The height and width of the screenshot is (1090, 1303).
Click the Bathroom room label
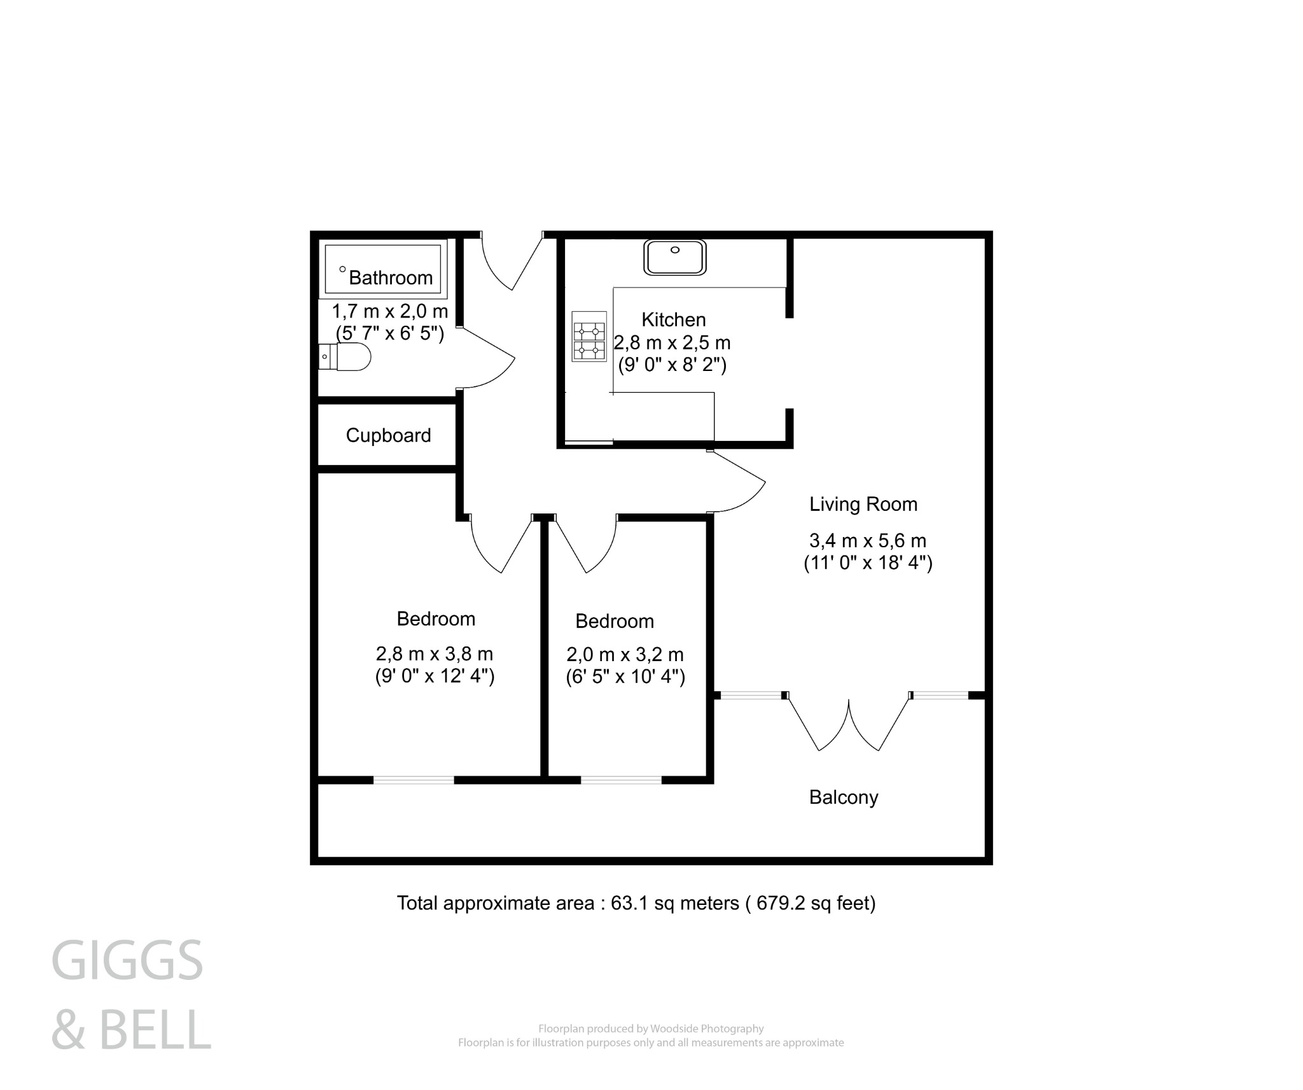pos(390,277)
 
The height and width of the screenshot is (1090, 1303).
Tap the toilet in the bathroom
pos(346,357)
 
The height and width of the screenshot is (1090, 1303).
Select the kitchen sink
pos(674,257)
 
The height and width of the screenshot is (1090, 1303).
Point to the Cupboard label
pos(388,435)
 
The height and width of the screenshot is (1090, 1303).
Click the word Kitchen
pos(673,319)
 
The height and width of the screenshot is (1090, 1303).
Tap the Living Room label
pos(863,505)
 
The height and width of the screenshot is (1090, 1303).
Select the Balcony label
pos(843,797)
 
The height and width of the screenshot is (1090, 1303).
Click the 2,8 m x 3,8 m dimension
pos(435,653)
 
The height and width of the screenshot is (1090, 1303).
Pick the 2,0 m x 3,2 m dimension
pos(625,654)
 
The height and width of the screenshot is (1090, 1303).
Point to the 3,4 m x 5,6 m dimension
pos(867,541)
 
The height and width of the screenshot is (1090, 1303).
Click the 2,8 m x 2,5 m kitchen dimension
pos(672,343)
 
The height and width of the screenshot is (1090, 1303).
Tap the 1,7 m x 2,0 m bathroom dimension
pos(390,312)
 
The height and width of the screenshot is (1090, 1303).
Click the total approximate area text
pos(636,903)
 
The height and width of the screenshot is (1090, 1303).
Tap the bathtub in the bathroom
pos(383,269)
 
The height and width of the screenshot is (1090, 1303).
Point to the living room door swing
pos(738,482)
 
